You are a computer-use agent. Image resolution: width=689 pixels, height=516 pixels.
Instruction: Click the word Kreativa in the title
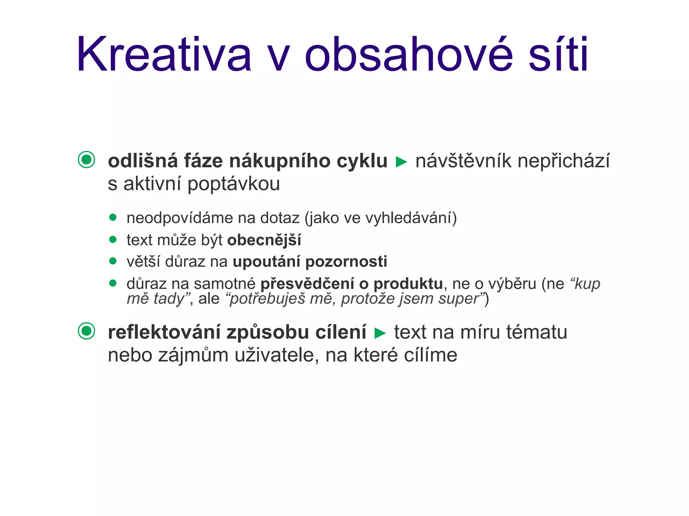click(x=164, y=54)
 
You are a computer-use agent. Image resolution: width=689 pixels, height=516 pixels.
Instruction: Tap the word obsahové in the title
click(x=408, y=54)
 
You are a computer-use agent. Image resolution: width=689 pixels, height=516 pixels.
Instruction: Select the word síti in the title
click(x=558, y=54)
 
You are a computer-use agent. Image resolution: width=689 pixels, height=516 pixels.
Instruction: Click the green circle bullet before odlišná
click(x=86, y=160)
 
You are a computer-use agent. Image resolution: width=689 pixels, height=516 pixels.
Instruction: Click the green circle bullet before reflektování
click(x=86, y=331)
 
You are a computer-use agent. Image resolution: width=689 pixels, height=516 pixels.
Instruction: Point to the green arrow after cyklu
click(x=401, y=162)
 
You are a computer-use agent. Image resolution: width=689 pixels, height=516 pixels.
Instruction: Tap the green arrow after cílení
click(x=380, y=333)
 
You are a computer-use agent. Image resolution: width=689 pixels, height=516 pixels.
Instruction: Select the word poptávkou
click(x=233, y=184)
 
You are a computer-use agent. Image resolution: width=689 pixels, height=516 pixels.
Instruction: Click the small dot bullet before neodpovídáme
click(x=113, y=217)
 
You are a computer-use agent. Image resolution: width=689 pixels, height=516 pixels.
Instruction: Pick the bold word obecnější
click(x=264, y=240)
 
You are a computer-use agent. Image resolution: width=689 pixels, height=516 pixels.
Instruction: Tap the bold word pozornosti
click(x=346, y=262)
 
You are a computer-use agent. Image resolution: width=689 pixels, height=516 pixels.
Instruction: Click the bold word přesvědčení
click(x=307, y=284)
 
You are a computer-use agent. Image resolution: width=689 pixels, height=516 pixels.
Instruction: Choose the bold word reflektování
click(x=164, y=332)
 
